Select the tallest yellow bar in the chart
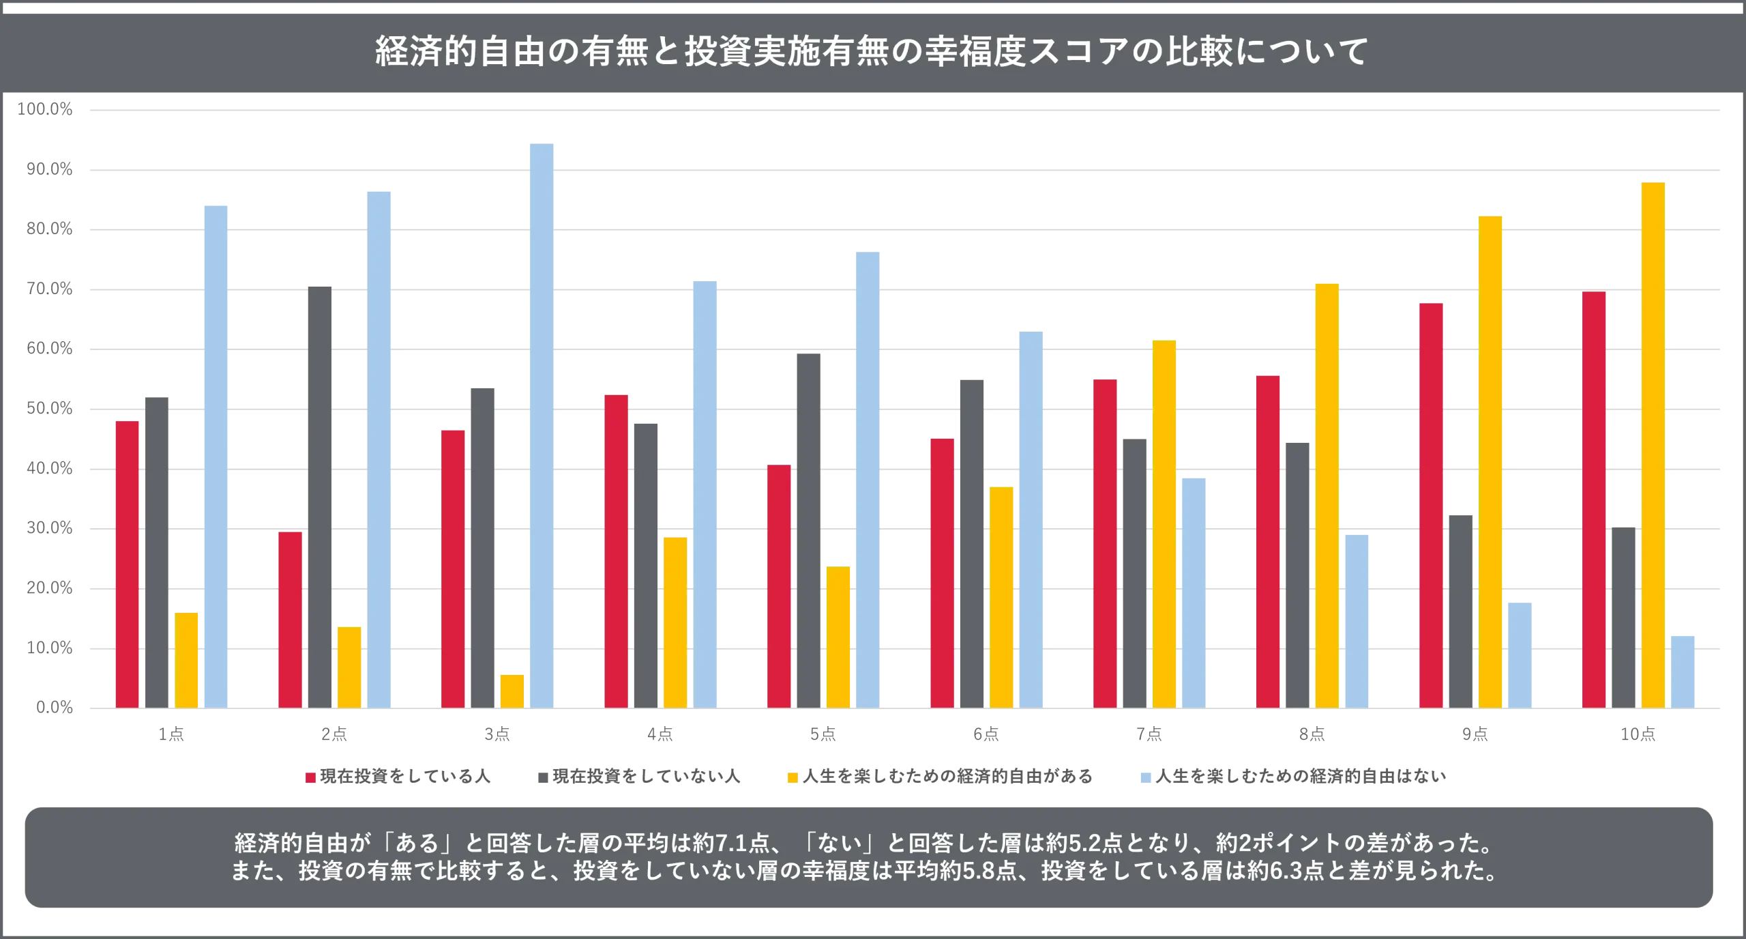1653,444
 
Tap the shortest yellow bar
512,690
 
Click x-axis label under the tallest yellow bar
1639,735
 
